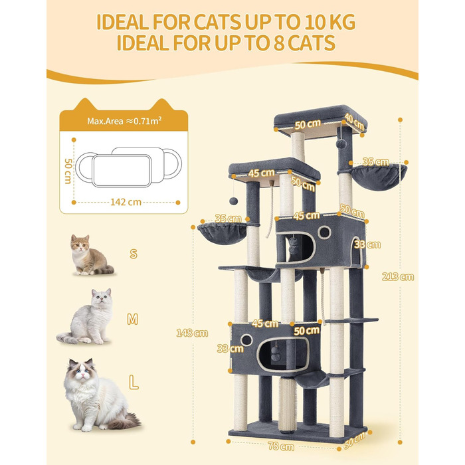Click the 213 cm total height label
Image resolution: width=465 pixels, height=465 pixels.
tap(398, 277)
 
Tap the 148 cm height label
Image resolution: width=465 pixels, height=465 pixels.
tap(192, 333)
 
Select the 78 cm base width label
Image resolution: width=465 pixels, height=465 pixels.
tap(281, 446)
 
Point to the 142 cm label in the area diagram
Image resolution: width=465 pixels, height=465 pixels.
tap(126, 202)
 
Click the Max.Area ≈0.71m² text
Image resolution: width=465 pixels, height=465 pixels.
tap(124, 121)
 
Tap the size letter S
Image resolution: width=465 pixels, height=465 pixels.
tap(134, 254)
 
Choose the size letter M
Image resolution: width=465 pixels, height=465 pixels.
tap(133, 320)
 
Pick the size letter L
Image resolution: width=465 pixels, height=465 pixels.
tap(134, 382)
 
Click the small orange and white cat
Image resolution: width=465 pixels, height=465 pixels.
tap(91, 255)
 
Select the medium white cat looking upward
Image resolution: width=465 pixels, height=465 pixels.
tap(86, 316)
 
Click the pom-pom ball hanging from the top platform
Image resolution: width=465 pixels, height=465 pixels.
tap(340, 144)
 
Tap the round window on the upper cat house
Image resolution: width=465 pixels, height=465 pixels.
tap(324, 232)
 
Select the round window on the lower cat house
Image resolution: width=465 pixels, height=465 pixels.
tap(246, 340)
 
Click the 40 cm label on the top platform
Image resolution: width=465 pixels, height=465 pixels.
tap(354, 122)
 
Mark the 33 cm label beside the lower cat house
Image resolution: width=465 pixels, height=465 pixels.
tap(230, 348)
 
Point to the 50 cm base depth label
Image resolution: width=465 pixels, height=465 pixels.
tap(355, 440)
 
